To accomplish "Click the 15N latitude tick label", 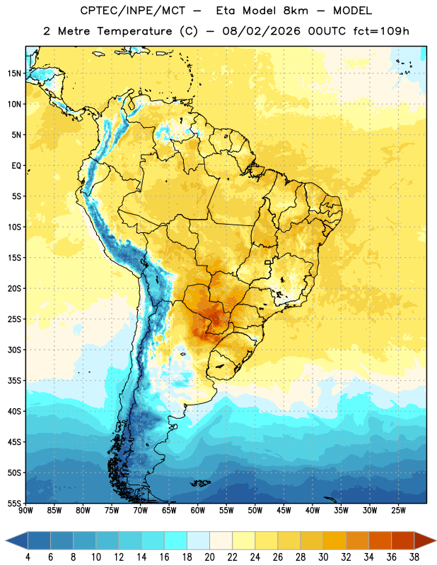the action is (x=14, y=73).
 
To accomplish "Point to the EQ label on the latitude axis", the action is (x=16, y=166).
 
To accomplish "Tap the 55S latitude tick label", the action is (x=14, y=503).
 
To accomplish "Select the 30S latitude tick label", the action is (x=14, y=350).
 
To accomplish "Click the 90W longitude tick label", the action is (x=25, y=511).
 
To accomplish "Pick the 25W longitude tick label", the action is (x=398, y=511).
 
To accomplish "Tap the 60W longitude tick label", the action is (x=198, y=511).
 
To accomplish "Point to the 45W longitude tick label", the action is (x=284, y=511).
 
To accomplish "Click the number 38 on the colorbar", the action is (x=414, y=557).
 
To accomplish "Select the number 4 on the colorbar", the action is (x=28, y=557).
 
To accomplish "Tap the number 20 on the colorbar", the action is (x=209, y=557).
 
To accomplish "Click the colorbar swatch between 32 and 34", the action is (x=357, y=541).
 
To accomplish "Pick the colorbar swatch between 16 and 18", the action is (x=175, y=541).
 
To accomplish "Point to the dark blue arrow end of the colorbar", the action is (x=16, y=541).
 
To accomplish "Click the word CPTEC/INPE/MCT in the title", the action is (x=132, y=11).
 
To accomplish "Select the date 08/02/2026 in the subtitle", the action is (x=261, y=31).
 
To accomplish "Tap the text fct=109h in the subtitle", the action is (x=381, y=31).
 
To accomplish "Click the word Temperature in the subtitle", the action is (x=134, y=31).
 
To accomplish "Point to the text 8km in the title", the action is (x=296, y=11).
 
